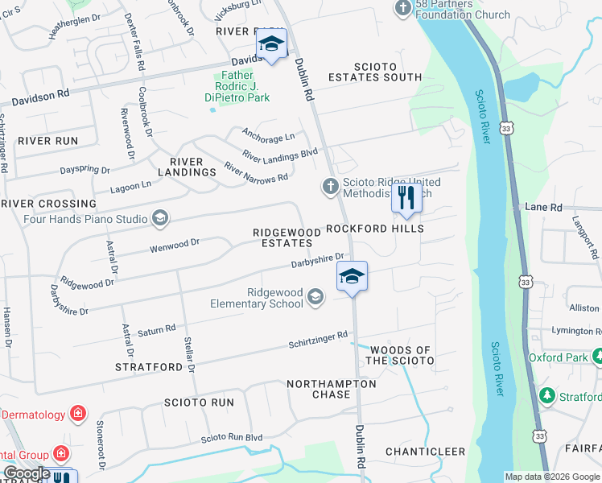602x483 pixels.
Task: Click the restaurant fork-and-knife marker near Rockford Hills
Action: (x=406, y=197)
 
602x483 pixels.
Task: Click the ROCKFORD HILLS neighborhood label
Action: (x=374, y=229)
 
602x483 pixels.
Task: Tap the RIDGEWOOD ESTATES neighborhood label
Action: (x=282, y=237)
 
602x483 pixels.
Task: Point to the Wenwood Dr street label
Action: (x=174, y=245)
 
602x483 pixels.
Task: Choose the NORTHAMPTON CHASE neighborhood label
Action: (x=331, y=389)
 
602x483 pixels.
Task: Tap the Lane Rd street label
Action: (x=543, y=207)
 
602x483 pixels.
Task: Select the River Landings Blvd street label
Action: (x=281, y=153)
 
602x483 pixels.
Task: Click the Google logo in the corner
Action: (x=27, y=473)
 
